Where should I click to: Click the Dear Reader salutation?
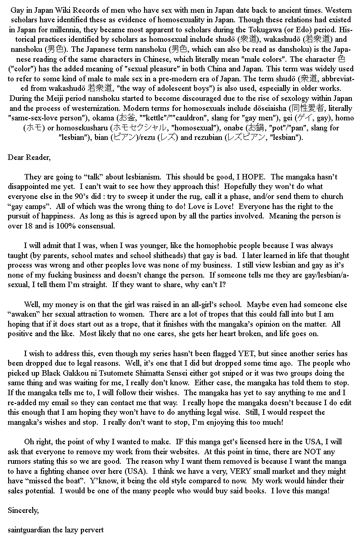pos(29,157)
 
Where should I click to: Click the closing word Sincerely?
pos(23,510)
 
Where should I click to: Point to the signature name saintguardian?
pos(31,530)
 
